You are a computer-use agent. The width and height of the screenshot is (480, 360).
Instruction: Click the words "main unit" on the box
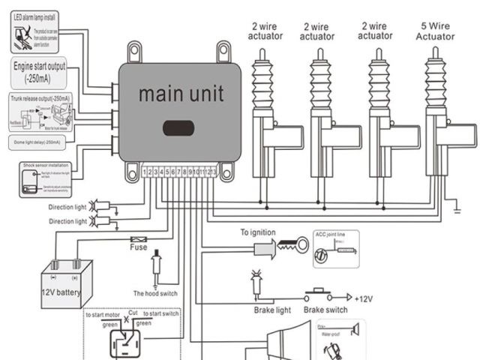click(179, 95)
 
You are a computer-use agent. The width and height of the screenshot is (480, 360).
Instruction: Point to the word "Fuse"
click(138, 247)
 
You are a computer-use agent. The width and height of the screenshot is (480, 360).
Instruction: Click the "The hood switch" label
click(155, 293)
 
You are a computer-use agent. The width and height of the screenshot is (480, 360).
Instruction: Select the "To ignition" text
click(258, 233)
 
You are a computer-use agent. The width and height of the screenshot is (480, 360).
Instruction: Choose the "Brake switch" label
click(325, 308)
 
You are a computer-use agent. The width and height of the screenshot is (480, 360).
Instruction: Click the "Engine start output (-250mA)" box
click(39, 71)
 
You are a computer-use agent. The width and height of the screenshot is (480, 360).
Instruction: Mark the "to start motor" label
click(103, 315)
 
